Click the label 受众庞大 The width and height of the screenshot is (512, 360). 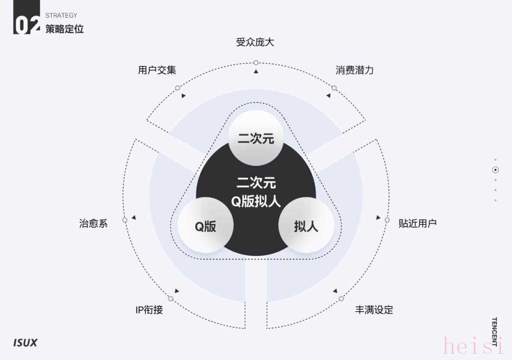(x=255, y=42)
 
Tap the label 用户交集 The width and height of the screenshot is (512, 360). (x=157, y=70)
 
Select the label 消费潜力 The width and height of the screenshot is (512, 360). (x=355, y=70)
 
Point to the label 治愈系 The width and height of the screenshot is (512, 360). (x=93, y=223)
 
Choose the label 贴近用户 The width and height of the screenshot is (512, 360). (x=417, y=223)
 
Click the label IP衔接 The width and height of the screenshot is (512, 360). (x=149, y=310)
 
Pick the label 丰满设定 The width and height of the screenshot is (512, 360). (x=374, y=310)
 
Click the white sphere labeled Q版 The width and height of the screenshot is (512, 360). (x=206, y=225)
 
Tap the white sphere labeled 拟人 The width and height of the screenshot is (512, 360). (x=306, y=225)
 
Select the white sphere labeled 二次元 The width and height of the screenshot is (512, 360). (x=256, y=138)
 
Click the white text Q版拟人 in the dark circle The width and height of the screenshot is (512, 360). (x=256, y=201)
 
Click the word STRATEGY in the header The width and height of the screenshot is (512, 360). (x=61, y=15)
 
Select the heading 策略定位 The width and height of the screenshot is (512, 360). (x=64, y=29)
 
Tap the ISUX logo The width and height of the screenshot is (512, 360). (x=26, y=342)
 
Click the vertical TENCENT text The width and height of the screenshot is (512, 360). (x=494, y=331)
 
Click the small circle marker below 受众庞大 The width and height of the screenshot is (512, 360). (x=256, y=63)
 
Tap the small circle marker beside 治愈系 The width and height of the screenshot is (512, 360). (x=125, y=220)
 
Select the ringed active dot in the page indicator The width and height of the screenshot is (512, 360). (x=495, y=170)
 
